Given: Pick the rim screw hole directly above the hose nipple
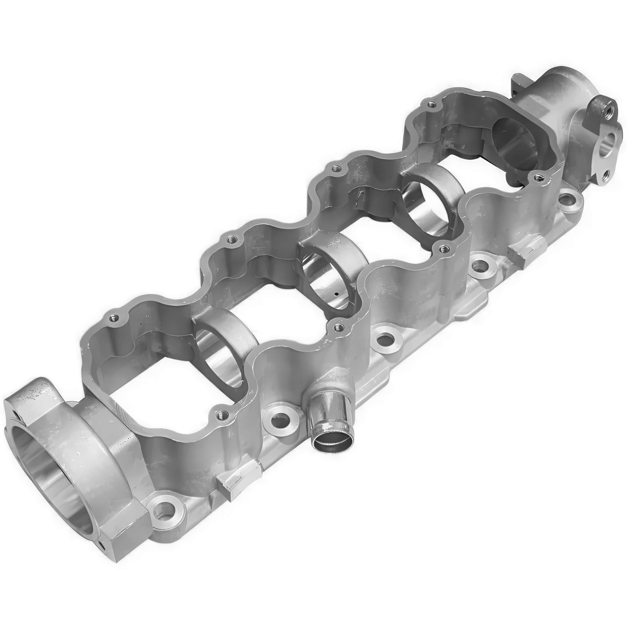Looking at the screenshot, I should click(x=339, y=328).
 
